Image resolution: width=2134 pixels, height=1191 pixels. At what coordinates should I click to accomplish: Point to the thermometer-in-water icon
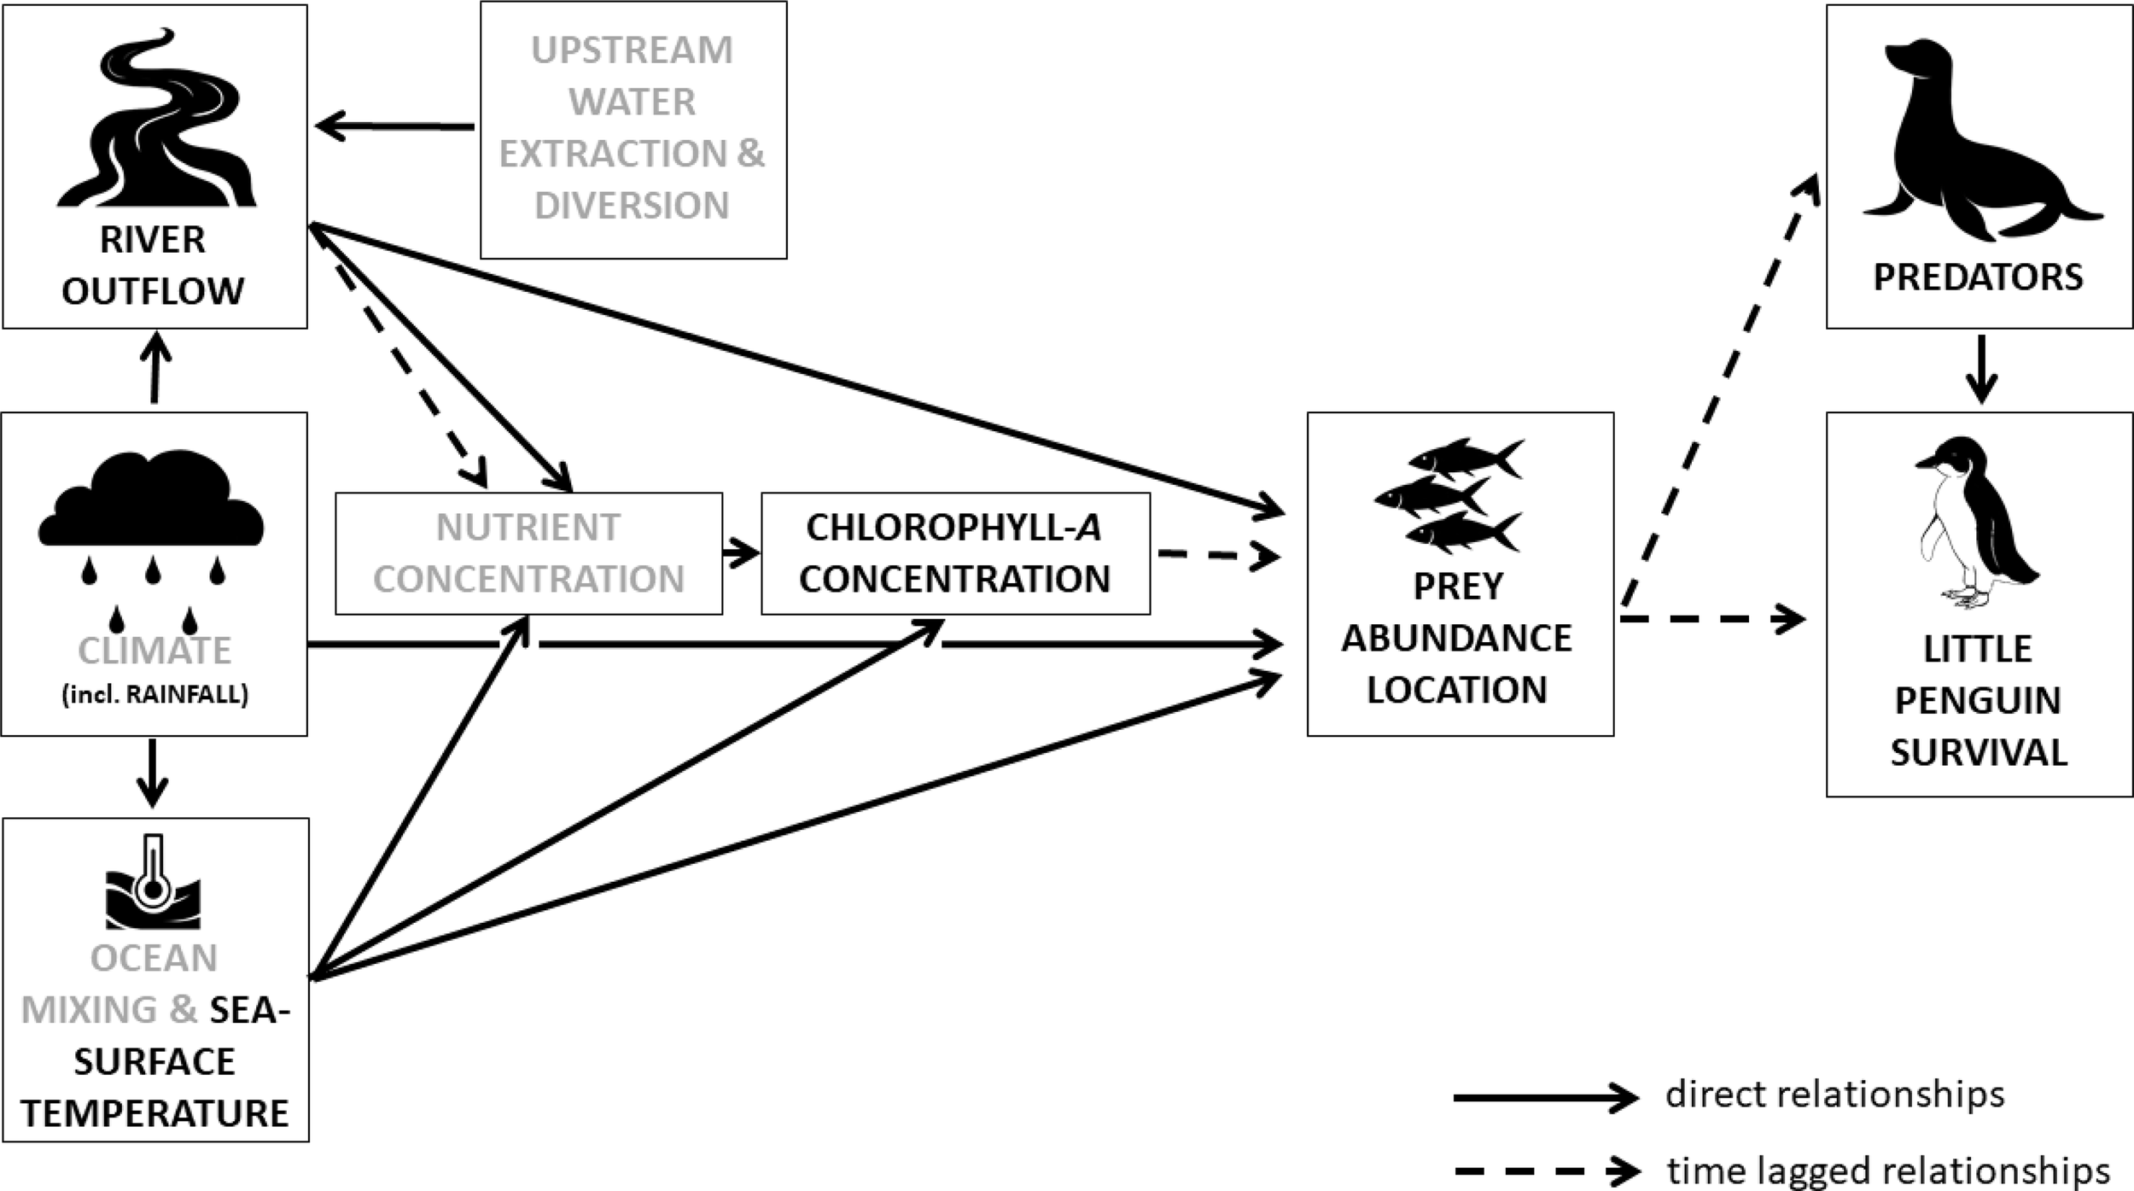tap(154, 884)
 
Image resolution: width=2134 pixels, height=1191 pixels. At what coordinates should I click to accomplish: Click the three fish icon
tap(1449, 496)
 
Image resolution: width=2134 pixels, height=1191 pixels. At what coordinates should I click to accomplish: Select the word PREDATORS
tap(1978, 277)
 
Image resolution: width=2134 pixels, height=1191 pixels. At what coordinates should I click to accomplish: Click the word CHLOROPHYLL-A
tap(953, 528)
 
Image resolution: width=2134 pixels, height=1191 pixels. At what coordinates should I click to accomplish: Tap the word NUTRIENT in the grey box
tap(528, 528)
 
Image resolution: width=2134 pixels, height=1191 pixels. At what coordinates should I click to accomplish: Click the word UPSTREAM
tap(632, 50)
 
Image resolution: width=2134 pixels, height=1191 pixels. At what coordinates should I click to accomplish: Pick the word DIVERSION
tap(632, 206)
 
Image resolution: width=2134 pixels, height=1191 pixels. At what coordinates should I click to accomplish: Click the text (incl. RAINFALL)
tap(155, 694)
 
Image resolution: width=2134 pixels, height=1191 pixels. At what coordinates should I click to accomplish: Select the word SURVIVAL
tap(1979, 752)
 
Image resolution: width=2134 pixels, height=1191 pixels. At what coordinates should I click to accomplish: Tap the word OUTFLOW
tap(153, 291)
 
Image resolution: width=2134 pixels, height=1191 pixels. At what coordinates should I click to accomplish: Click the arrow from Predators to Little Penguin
tap(1980, 369)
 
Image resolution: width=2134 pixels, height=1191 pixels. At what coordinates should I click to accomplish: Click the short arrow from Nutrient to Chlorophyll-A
tap(741, 553)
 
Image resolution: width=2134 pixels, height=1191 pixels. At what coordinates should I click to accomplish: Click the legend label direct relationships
tap(1834, 1094)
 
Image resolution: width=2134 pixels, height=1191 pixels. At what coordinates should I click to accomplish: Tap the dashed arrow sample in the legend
tap(1545, 1171)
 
